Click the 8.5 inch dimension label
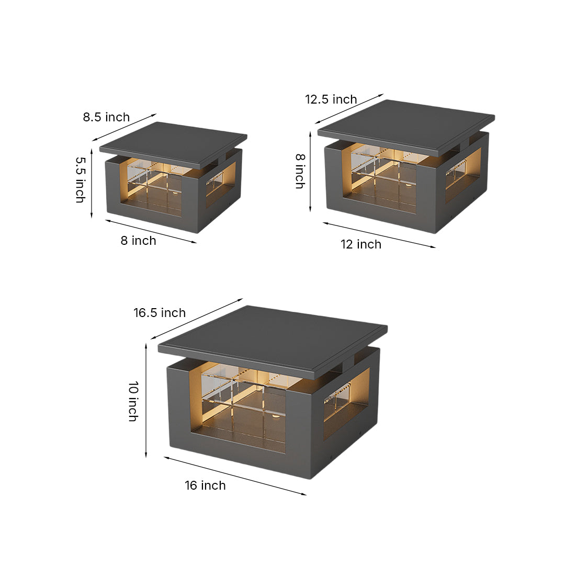point(106,117)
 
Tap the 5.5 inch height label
point(80,179)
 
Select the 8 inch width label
point(139,241)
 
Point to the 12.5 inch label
point(331,99)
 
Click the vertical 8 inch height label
point(300,171)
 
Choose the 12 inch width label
point(361,244)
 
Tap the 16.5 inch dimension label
point(160,313)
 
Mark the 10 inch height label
point(133,401)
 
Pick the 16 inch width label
point(205,485)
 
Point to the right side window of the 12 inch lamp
point(463,175)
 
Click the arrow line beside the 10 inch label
point(146,400)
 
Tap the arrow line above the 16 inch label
point(235,476)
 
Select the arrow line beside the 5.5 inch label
point(92,183)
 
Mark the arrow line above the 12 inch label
point(379,235)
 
